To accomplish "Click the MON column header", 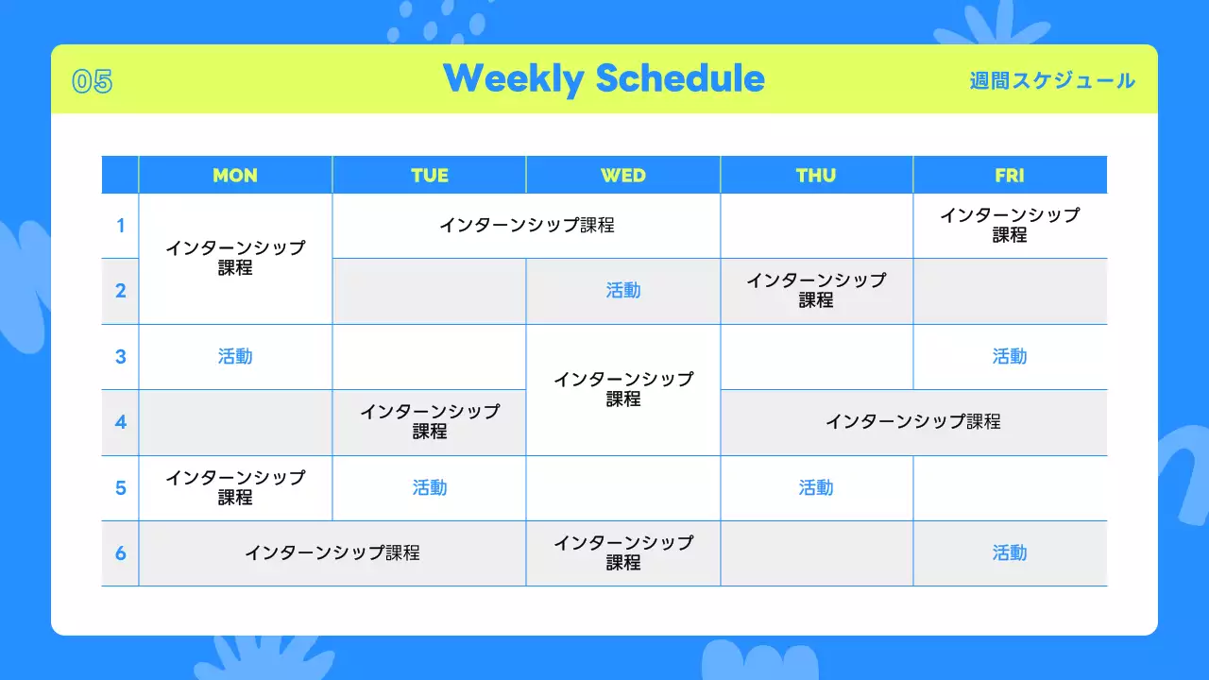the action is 235,176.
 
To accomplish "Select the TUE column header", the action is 429,176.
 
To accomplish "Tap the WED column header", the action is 622,176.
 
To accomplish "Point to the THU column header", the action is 815,176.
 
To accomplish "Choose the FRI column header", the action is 1010,176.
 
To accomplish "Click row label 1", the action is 120,226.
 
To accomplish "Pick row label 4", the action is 120,422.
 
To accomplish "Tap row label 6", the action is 120,553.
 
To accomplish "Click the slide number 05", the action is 93,81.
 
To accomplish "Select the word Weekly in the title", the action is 513,79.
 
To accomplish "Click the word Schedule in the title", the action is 680,78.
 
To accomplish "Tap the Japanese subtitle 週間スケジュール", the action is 1052,81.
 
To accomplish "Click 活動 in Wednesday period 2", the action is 622,291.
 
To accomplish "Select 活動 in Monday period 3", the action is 235,357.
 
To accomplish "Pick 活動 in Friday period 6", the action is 1010,553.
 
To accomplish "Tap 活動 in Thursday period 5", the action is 815,488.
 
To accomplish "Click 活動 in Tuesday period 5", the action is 429,488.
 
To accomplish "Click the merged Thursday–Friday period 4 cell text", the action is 912,422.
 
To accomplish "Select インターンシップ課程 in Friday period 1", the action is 1010,225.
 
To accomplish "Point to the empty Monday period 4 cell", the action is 235,422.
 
